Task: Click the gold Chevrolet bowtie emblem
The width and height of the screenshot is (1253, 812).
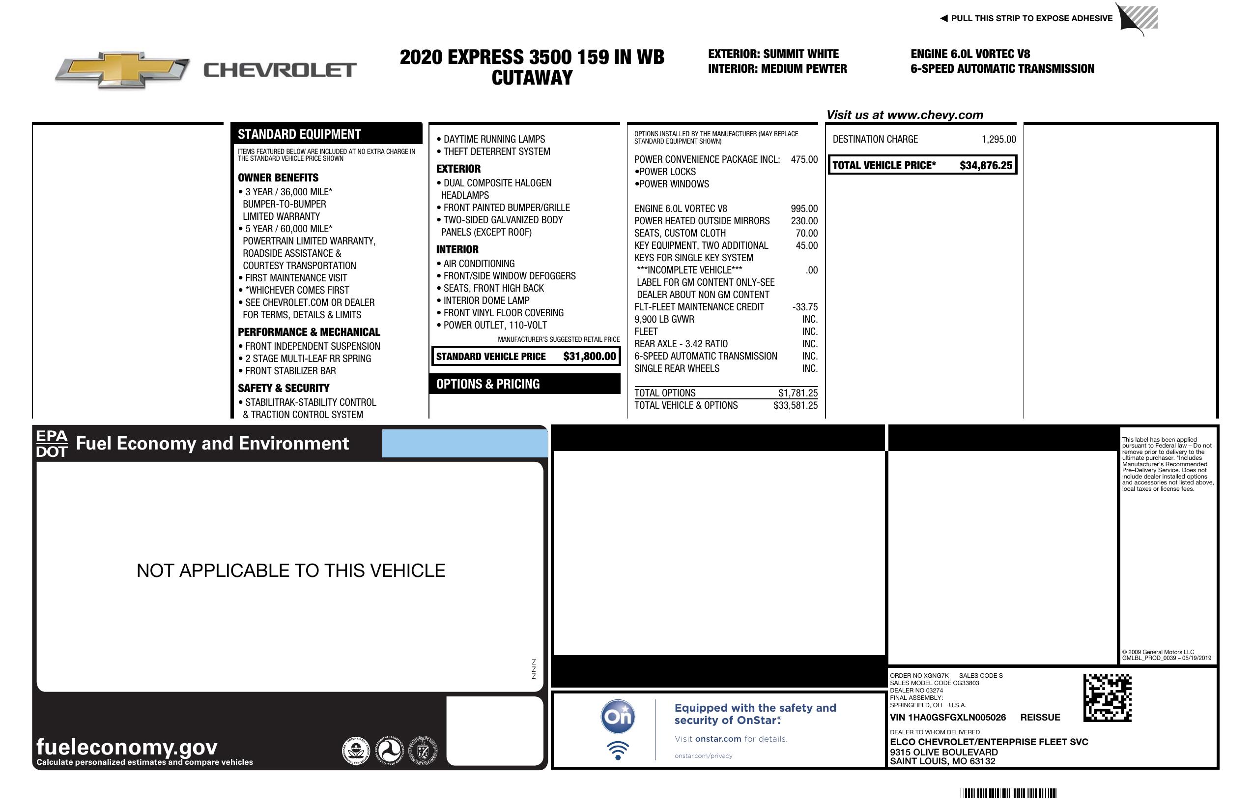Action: coord(122,69)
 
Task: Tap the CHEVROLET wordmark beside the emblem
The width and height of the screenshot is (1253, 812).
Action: coord(280,70)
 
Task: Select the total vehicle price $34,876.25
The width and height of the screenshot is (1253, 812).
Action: coord(986,165)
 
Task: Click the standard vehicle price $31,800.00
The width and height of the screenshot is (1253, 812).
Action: coord(589,356)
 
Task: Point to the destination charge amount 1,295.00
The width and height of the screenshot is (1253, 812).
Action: coord(998,139)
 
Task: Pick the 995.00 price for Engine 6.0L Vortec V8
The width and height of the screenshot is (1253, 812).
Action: coord(804,209)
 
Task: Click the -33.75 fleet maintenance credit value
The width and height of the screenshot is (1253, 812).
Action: coord(804,307)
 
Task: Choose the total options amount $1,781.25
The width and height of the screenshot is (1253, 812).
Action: coord(797,393)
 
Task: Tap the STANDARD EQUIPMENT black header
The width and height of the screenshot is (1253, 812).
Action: coord(299,134)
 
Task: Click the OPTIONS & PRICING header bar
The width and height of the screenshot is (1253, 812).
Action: coord(487,384)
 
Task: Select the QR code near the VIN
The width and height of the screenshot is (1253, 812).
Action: coord(1107,698)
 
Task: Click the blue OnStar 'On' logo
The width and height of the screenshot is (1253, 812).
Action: coord(618,717)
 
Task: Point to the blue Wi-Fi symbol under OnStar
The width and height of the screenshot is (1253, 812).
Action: coord(618,750)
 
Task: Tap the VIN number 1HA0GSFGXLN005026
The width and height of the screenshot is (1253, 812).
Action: coord(948,717)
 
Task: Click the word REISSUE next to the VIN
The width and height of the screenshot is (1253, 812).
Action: coord(1040,717)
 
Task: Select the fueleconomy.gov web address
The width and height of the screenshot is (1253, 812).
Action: coord(127,747)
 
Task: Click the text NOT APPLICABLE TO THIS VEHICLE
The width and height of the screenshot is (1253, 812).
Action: coord(290,571)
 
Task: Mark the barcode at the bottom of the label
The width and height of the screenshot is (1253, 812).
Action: coord(1008,793)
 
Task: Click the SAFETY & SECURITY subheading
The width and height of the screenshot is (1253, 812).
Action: coord(283,389)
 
